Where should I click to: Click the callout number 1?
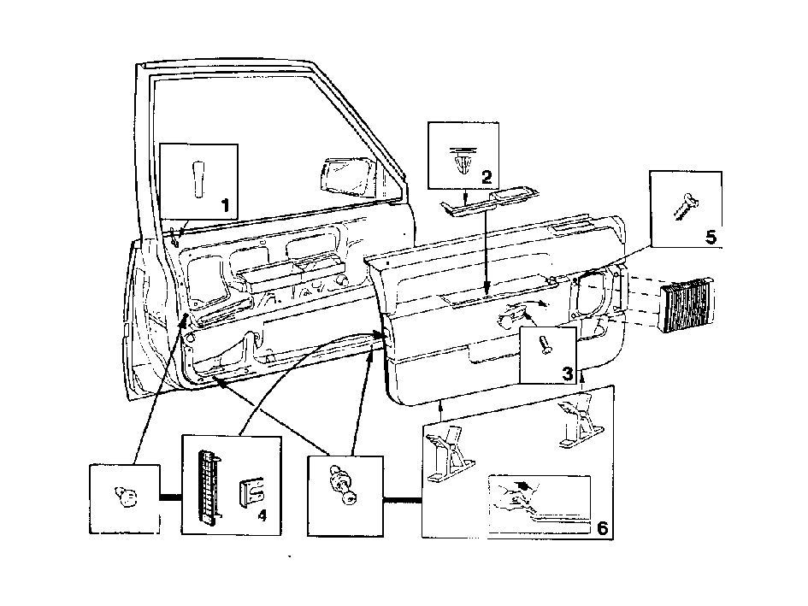click(225, 206)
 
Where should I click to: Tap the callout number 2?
click(487, 178)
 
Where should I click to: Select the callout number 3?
click(567, 373)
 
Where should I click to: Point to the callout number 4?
click(262, 515)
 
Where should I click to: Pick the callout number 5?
click(711, 237)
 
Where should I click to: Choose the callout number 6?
click(602, 528)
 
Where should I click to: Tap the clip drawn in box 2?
click(461, 159)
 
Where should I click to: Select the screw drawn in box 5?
click(686, 207)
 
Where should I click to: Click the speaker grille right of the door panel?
click(686, 304)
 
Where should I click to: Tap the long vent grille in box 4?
click(210, 485)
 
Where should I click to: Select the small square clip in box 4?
click(251, 491)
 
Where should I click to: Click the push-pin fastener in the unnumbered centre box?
click(343, 484)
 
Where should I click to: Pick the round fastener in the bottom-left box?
click(126, 497)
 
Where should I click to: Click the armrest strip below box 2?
click(490, 202)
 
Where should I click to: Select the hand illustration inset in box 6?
click(539, 503)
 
